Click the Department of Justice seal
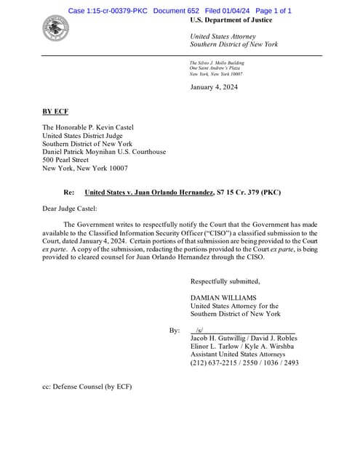[55, 29]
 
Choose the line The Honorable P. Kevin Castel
[92, 126]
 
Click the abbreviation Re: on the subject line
[69, 193]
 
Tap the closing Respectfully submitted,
[225, 281]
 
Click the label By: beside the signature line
[175, 331]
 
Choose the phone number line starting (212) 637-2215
[244, 363]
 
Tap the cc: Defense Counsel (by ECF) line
[87, 387]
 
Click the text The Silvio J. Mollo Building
[217, 63]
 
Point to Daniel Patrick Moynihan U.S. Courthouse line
[104, 152]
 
